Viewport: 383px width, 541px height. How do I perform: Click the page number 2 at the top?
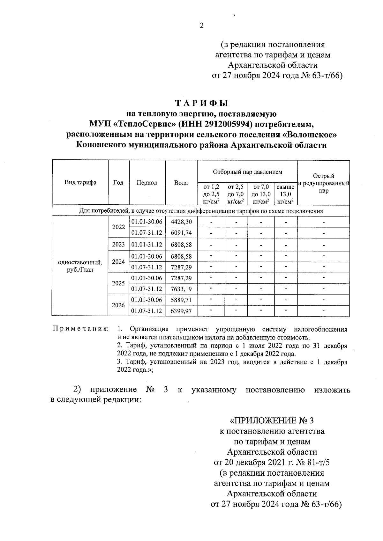pos(201,26)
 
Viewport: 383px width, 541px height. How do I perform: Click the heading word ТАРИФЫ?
pos(201,103)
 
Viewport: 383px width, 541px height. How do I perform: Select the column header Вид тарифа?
pos(80,183)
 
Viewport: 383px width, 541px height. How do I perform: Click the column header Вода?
pos(181,183)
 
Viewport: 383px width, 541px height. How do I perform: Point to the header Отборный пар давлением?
pos(247,172)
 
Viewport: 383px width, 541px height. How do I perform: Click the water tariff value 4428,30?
pos(181,222)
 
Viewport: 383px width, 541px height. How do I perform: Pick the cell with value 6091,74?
pos(181,233)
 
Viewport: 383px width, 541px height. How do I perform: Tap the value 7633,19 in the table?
pos(181,289)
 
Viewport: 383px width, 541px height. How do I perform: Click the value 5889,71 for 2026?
pos(181,300)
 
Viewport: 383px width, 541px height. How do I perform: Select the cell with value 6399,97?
pos(181,311)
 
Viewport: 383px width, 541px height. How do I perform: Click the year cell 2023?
pos(118,245)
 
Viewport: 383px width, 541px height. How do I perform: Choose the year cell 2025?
pos(118,283)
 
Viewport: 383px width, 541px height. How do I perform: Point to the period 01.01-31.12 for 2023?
pos(147,245)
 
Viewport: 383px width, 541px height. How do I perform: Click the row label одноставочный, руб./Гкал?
pos(80,266)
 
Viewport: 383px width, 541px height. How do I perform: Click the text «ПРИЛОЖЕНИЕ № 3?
pos(272,420)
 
